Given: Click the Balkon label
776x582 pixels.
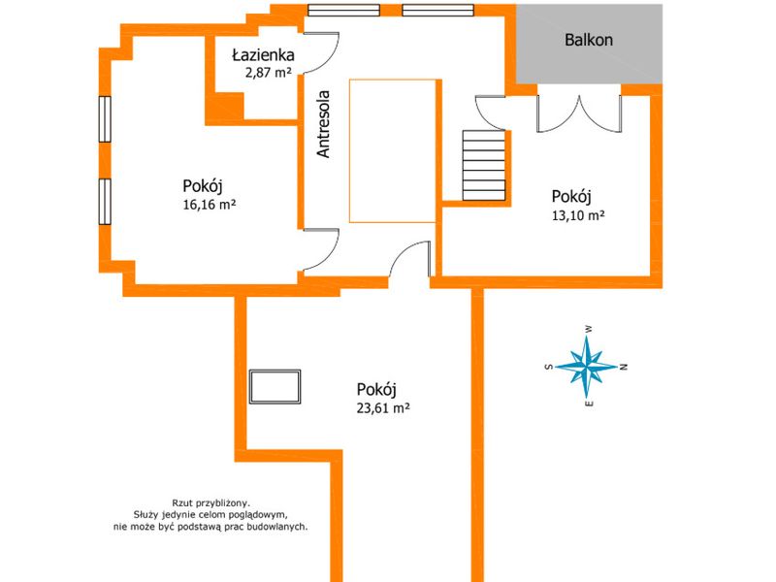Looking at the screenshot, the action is [x=589, y=40].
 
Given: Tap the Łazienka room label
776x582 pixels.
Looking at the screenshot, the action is [x=263, y=55].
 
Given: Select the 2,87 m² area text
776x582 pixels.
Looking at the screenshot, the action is [x=269, y=73].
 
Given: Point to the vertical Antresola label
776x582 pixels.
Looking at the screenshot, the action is [x=323, y=124].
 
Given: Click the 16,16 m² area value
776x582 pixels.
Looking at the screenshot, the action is [x=209, y=205].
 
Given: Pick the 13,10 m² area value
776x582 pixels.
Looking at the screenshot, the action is [x=578, y=215].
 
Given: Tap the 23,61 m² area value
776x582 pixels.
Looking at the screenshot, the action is [x=383, y=408].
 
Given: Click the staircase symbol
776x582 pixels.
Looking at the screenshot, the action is [x=484, y=165].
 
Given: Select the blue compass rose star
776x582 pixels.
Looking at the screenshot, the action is [x=587, y=367].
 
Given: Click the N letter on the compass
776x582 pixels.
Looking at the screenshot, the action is [x=624, y=367].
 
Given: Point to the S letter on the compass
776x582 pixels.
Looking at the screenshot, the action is [x=548, y=367].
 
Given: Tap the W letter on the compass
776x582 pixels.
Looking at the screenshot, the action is [x=589, y=329].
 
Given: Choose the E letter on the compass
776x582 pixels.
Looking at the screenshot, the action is [x=589, y=404].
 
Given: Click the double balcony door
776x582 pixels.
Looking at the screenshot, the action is [x=579, y=113].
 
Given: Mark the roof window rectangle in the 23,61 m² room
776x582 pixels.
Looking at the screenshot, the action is [x=275, y=386].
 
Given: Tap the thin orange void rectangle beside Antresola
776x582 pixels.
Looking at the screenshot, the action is [x=393, y=151].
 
